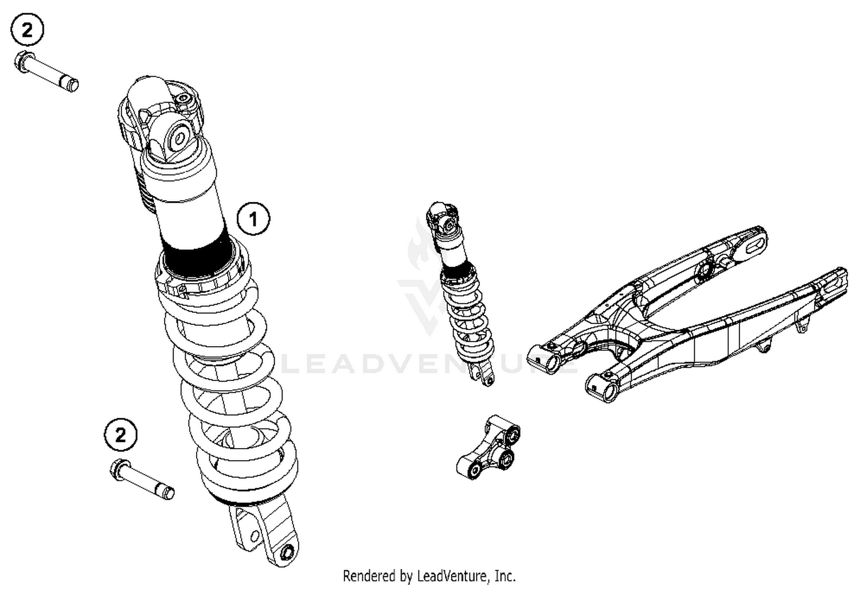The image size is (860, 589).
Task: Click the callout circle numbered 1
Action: (x=253, y=218)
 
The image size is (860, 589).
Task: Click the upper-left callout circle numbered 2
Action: (x=27, y=29)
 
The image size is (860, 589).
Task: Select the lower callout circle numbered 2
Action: (x=120, y=435)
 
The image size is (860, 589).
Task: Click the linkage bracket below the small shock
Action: (x=490, y=447)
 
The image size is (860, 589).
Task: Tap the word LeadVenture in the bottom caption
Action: (x=452, y=575)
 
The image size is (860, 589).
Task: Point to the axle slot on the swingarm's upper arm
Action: (x=750, y=244)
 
